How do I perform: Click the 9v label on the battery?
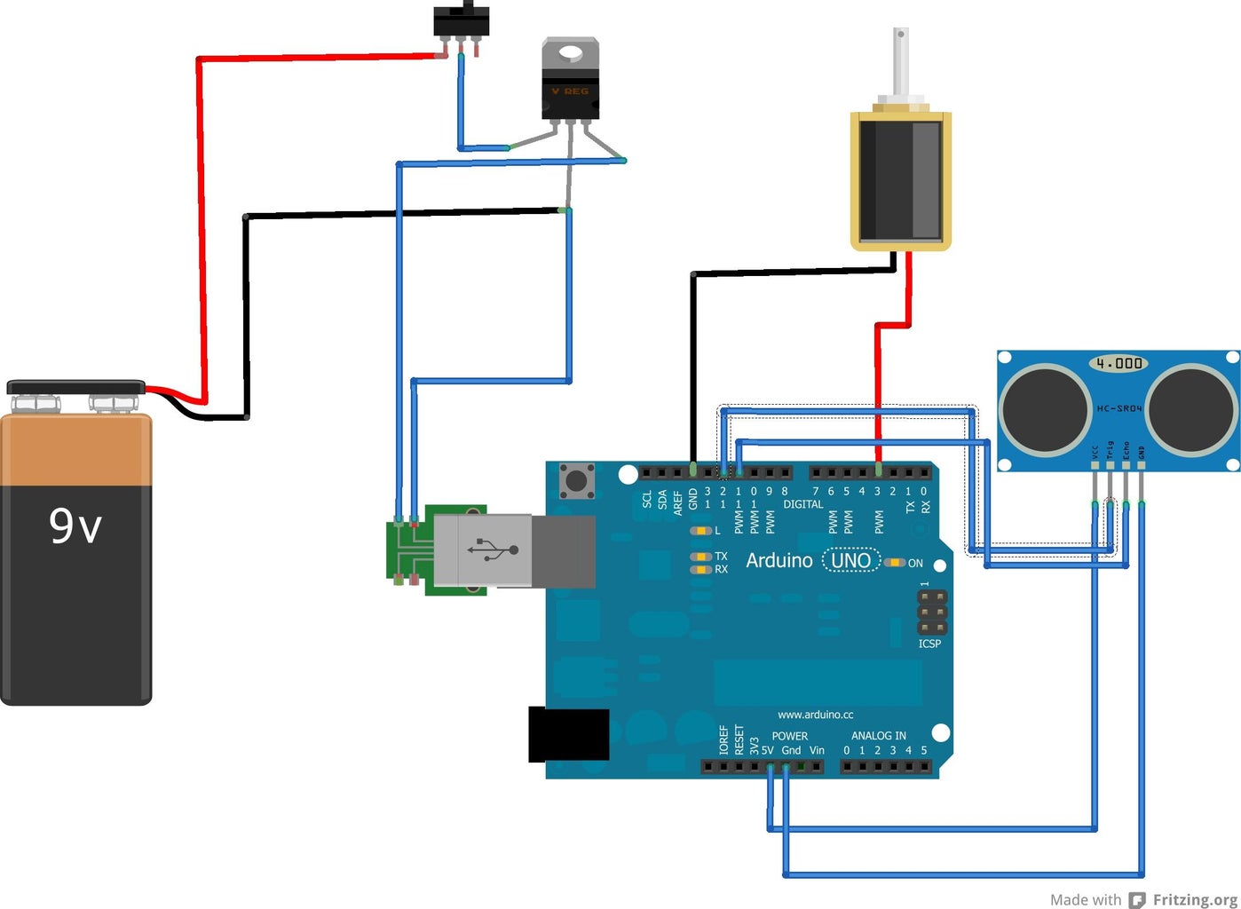pos(75,526)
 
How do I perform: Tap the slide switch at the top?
pos(461,21)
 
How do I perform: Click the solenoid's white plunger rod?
pos(900,62)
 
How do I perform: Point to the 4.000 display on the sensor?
pos(1118,363)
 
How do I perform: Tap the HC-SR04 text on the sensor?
pos(1118,408)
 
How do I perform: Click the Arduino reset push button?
pos(577,482)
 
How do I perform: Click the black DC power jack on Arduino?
pos(568,734)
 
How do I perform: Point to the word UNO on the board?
pos(850,561)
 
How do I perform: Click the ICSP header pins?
pos(931,613)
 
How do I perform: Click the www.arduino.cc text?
pos(815,715)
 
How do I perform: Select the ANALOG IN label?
pos(878,736)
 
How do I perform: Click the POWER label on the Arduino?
pos(789,736)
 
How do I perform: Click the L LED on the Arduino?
pos(702,531)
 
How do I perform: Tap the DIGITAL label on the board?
pos(802,504)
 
